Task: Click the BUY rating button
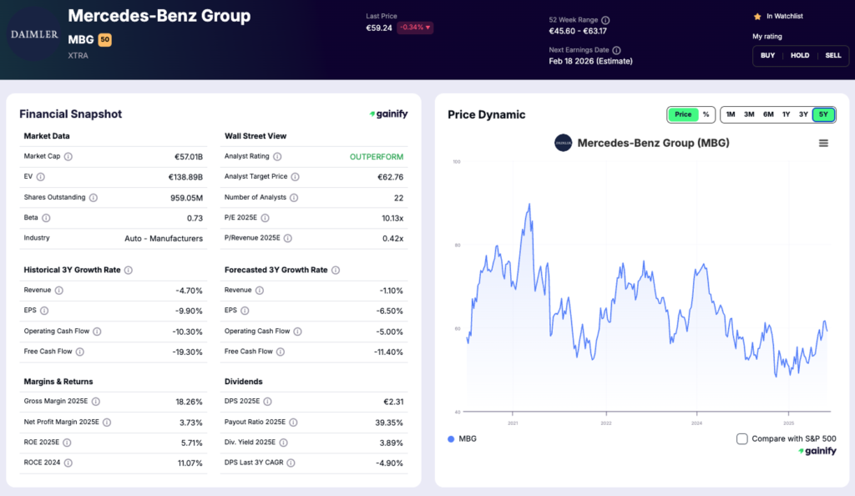tap(767, 55)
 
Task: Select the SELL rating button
tap(833, 55)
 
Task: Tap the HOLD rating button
tap(800, 55)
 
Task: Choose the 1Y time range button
tap(786, 114)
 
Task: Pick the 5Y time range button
tap(823, 114)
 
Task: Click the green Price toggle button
tap(682, 114)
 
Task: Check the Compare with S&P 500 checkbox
tap(742, 438)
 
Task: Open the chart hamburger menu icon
tap(823, 144)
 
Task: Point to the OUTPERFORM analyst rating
tap(377, 156)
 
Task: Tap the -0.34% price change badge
tap(415, 28)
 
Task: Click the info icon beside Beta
tap(46, 218)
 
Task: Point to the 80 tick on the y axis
tap(456, 245)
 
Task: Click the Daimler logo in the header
tap(34, 34)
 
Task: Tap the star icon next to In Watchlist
tap(757, 16)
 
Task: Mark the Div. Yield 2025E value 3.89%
tap(389, 443)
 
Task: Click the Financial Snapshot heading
tap(70, 114)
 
